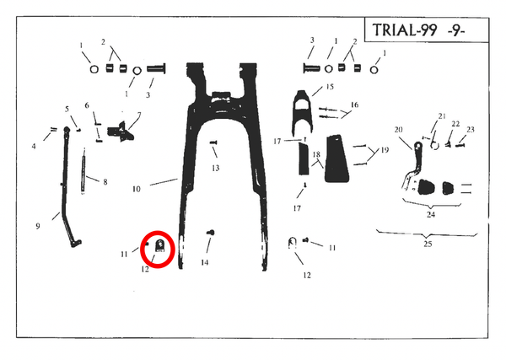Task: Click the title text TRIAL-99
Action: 405,30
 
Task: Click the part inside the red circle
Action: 160,246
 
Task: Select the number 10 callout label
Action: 137,189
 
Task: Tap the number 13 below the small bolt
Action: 216,168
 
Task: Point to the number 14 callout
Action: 205,262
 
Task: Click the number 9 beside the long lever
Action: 38,226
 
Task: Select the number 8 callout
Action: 105,182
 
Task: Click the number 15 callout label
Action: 330,87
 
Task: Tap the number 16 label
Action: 354,105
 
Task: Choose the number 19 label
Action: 385,150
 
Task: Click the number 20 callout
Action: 399,130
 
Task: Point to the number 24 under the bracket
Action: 431,214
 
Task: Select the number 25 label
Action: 428,244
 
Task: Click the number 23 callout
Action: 471,130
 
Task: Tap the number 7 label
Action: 139,115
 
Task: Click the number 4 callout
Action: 34,147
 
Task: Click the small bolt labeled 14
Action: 211,232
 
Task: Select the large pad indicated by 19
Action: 336,159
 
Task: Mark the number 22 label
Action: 455,124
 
